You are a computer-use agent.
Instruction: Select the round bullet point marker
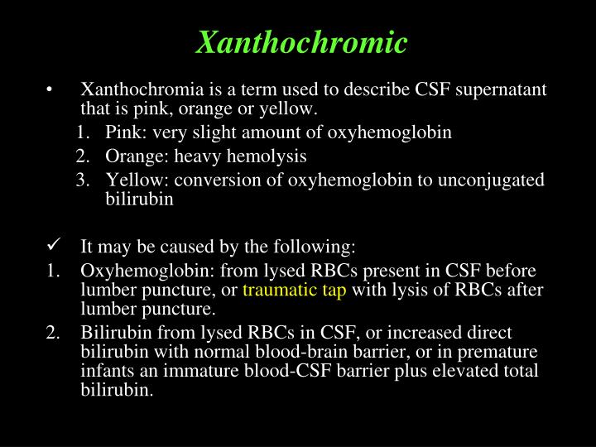(51, 90)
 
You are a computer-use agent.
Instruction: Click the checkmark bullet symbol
(53, 245)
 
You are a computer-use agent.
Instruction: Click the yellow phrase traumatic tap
(295, 291)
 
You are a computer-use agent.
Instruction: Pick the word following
(320, 247)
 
